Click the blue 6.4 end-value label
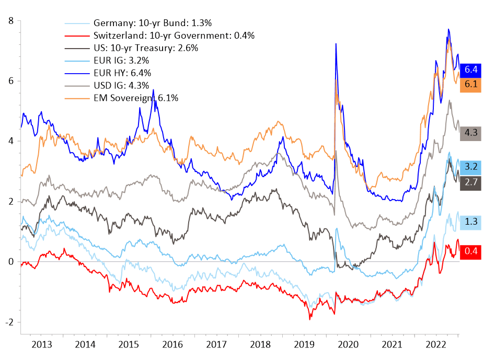pos(471,69)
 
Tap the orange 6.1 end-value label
pos(471,84)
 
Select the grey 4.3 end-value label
pos(471,133)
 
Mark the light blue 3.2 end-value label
pos(471,167)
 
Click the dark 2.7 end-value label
pos(471,182)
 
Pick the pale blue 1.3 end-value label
pos(471,221)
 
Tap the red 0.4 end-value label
pos(471,251)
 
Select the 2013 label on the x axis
pos(42,345)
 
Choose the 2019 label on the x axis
pos(304,345)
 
